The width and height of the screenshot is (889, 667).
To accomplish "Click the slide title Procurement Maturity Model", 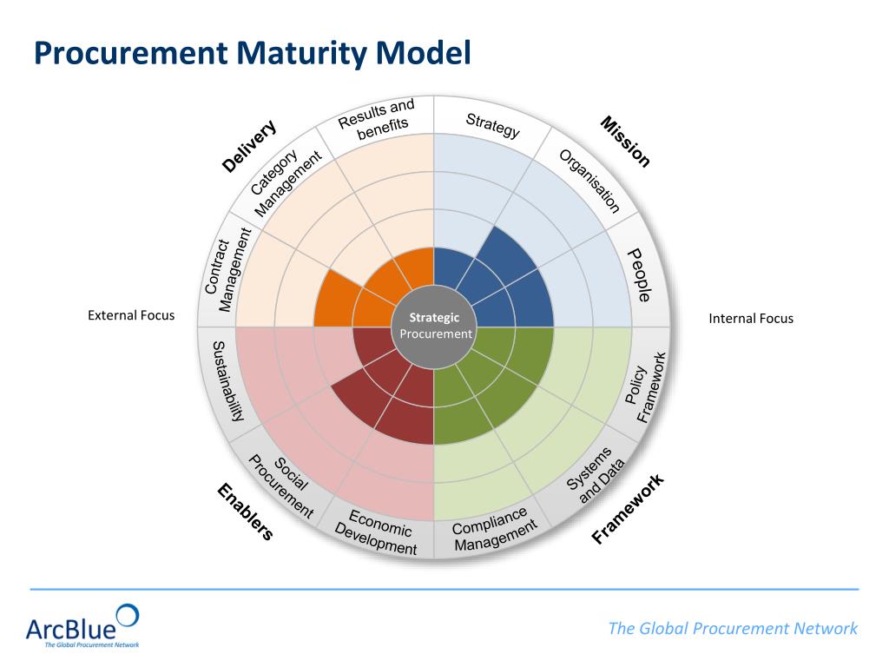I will [252, 53].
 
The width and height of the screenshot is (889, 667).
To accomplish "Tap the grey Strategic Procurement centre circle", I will [434, 326].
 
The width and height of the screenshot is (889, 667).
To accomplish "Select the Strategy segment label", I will [492, 125].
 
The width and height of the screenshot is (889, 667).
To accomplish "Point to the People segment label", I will [640, 274].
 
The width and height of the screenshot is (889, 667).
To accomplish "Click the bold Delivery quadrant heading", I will [249, 145].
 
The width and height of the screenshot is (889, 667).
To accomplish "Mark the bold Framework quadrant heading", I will [628, 509].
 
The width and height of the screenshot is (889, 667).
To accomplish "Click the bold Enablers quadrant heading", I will [245, 512].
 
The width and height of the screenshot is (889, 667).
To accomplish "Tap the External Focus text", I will [131, 315].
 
